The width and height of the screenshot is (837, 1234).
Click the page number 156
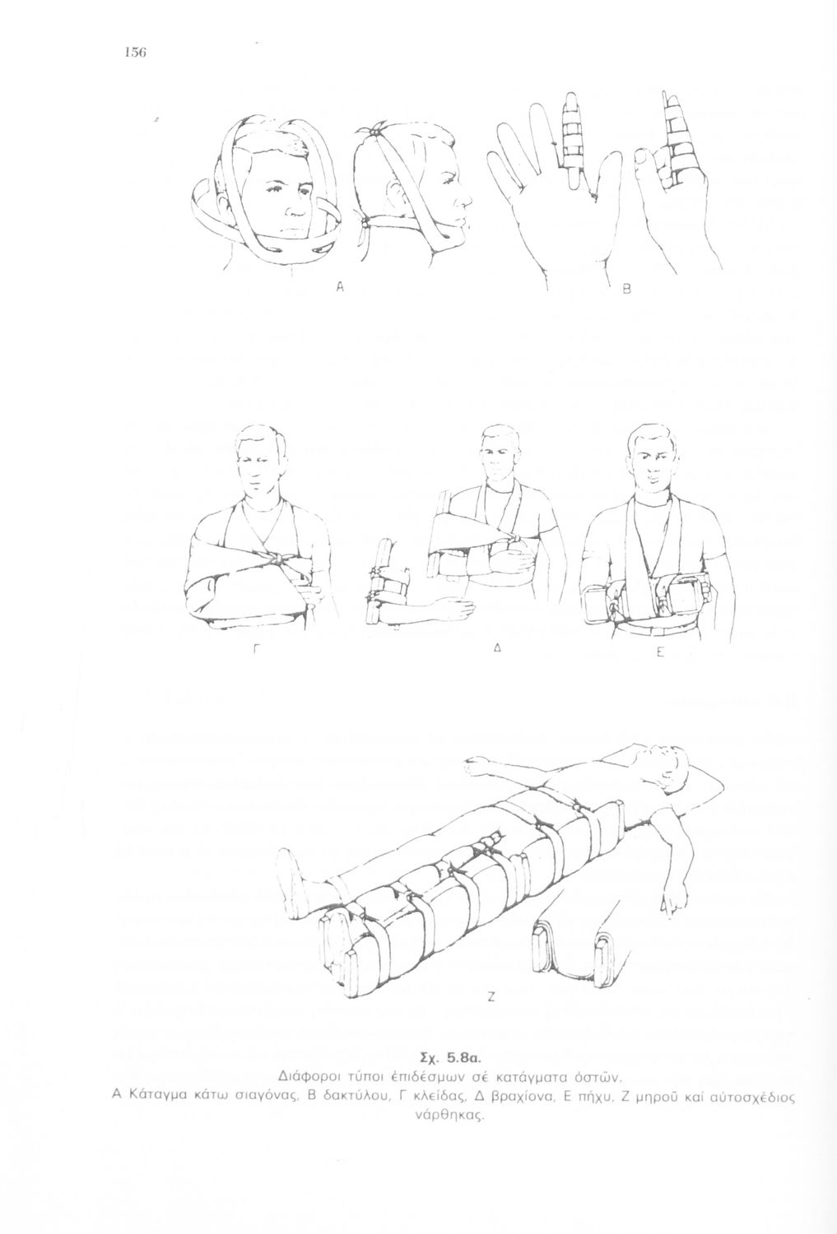pyautogui.click(x=135, y=53)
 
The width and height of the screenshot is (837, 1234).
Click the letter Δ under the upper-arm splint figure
pyautogui.click(x=496, y=648)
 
